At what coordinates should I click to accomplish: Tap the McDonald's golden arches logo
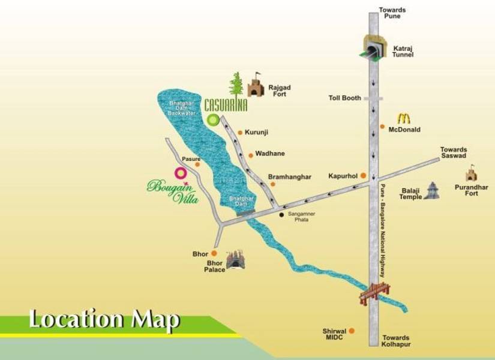pyautogui.click(x=403, y=118)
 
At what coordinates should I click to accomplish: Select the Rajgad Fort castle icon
pyautogui.click(x=256, y=86)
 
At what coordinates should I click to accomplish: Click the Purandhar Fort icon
pyautogui.click(x=472, y=175)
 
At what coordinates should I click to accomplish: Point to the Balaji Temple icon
pyautogui.click(x=431, y=191)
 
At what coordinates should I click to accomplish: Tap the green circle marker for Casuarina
pyautogui.click(x=213, y=120)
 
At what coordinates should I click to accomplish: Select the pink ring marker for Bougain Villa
pyautogui.click(x=180, y=173)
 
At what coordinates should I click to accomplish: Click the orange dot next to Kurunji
pyautogui.click(x=239, y=132)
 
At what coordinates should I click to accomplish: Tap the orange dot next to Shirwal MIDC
pyautogui.click(x=352, y=331)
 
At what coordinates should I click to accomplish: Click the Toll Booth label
pyautogui.click(x=344, y=98)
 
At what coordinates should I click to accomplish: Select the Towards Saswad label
pyautogui.click(x=453, y=153)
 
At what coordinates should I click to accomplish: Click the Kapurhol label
pyautogui.click(x=343, y=176)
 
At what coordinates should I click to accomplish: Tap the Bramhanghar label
pyautogui.click(x=290, y=177)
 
